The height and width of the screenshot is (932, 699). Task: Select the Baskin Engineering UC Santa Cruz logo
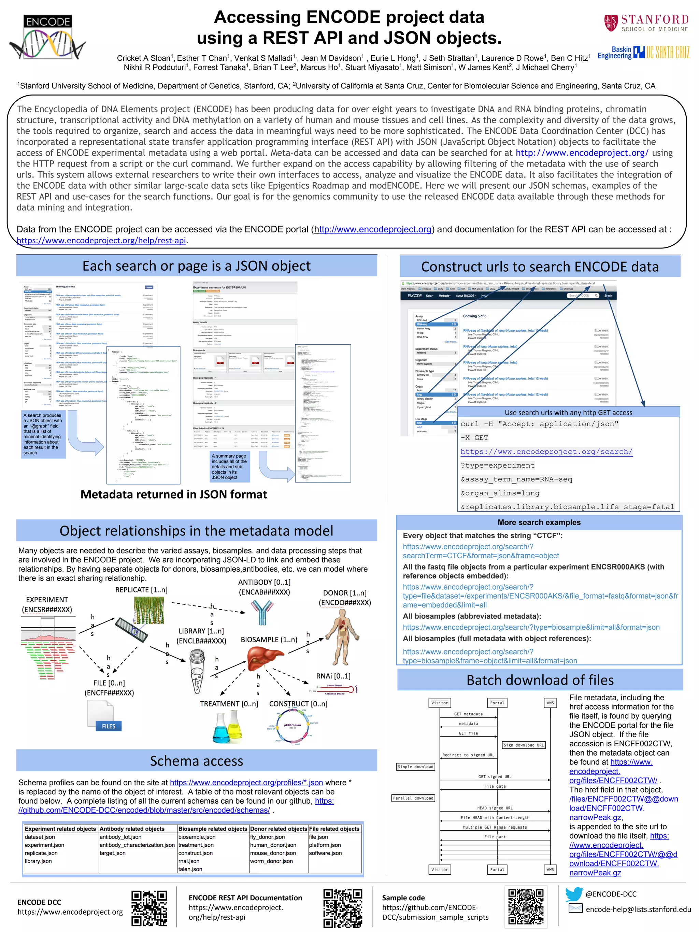pos(643,52)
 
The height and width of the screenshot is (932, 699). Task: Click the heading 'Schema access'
pos(196,761)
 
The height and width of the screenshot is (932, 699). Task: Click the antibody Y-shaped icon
pos(262,612)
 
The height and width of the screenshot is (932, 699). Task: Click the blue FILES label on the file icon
pos(108,726)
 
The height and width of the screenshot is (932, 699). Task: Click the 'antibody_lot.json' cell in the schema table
pos(120,837)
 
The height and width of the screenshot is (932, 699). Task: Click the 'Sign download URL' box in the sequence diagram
pos(524,745)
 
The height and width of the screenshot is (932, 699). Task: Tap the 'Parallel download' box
pos(413,798)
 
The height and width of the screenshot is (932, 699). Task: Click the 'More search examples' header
pos(539,522)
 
